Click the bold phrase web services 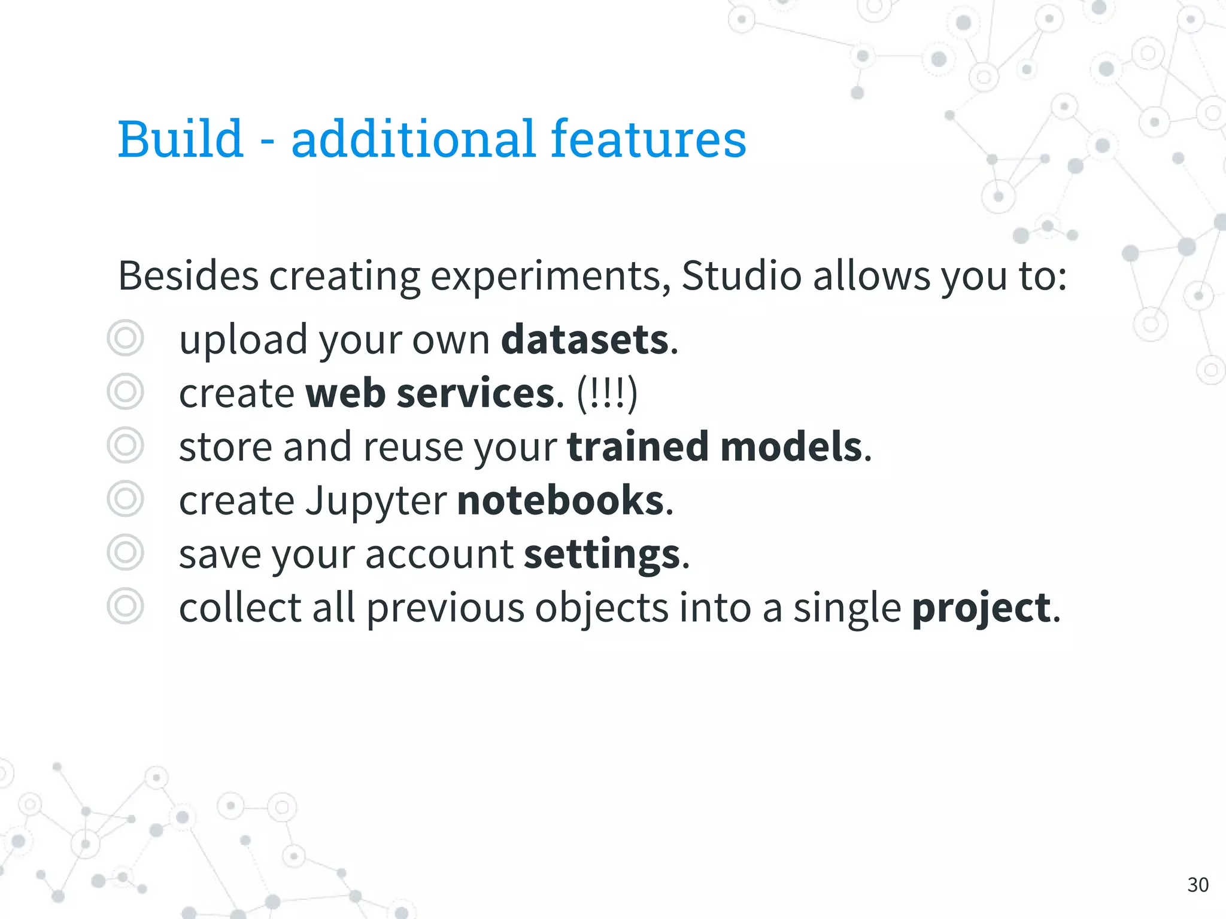[430, 394]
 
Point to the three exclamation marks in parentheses [607, 394]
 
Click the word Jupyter [376, 501]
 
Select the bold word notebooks [561, 501]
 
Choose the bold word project [981, 608]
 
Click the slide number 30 [1198, 884]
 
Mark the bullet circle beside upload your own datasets [125, 338]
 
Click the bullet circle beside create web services [125, 392]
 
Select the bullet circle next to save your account [125, 552]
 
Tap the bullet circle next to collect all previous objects [125, 606]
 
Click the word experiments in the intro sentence [550, 277]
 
